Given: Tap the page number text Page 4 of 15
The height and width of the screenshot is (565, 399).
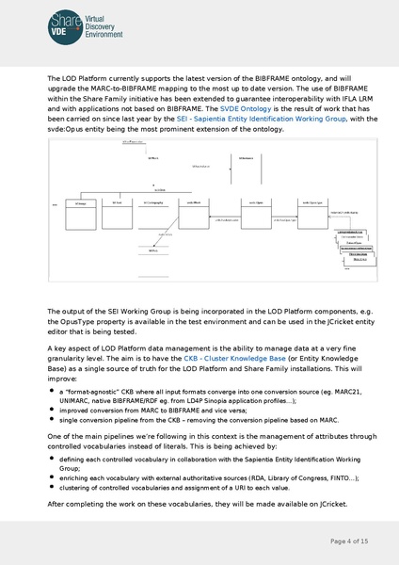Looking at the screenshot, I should tap(348, 541).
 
